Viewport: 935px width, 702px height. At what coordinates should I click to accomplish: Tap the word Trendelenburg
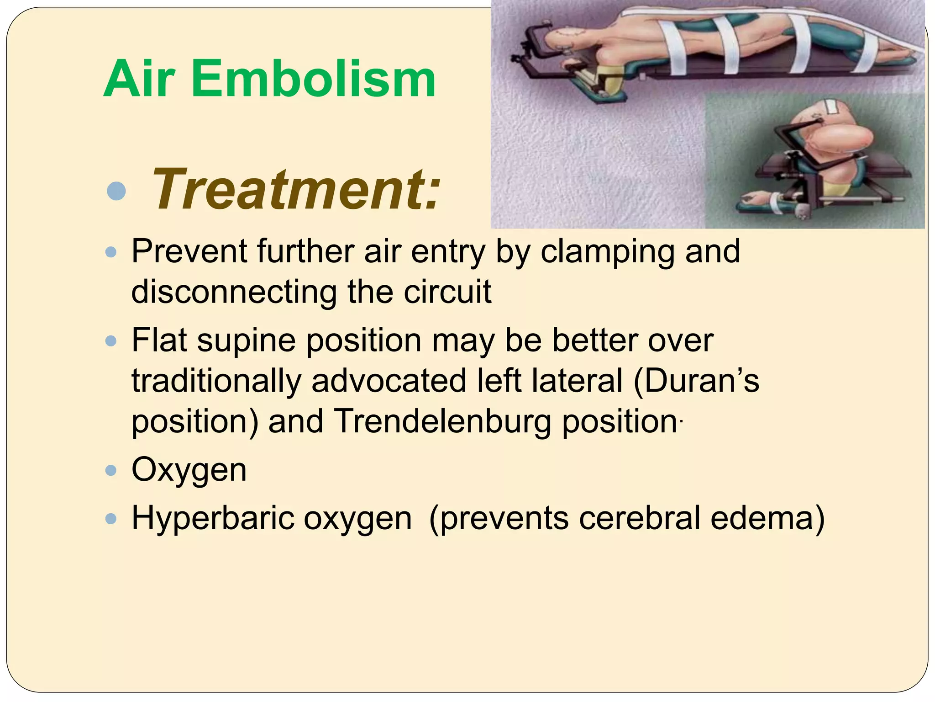(443, 421)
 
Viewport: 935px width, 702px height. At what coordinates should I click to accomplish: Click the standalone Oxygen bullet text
(189, 470)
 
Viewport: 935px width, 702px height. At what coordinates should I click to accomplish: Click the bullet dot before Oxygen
(111, 470)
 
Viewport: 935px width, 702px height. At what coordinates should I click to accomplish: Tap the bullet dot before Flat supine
(111, 341)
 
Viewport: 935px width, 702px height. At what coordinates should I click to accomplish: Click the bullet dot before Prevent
(111, 252)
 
